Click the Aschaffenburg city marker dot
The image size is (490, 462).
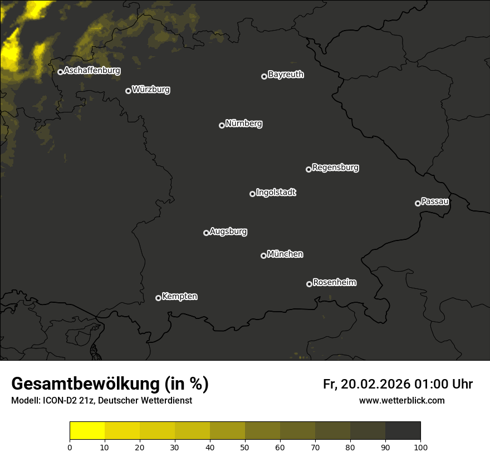click(60, 72)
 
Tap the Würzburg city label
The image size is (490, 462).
click(151, 90)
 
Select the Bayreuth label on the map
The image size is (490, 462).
click(286, 75)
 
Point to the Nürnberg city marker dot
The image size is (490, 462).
click(222, 125)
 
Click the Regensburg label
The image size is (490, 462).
click(335, 168)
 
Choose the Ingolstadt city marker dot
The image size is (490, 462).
click(252, 194)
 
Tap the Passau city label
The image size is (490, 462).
click(435, 201)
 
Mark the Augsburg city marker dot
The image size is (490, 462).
click(206, 233)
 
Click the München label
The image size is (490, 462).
click(285, 254)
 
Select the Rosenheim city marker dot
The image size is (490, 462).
click(309, 284)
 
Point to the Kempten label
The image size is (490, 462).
click(179, 297)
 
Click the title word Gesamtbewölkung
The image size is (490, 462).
click(84, 384)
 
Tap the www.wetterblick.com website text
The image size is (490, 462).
click(401, 400)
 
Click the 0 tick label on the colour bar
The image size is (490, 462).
click(70, 447)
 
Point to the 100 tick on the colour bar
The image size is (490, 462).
click(420, 447)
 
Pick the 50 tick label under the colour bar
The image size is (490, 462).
click(245, 447)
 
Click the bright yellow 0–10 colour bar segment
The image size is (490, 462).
click(87, 431)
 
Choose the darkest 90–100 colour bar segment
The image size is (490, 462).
click(403, 431)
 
